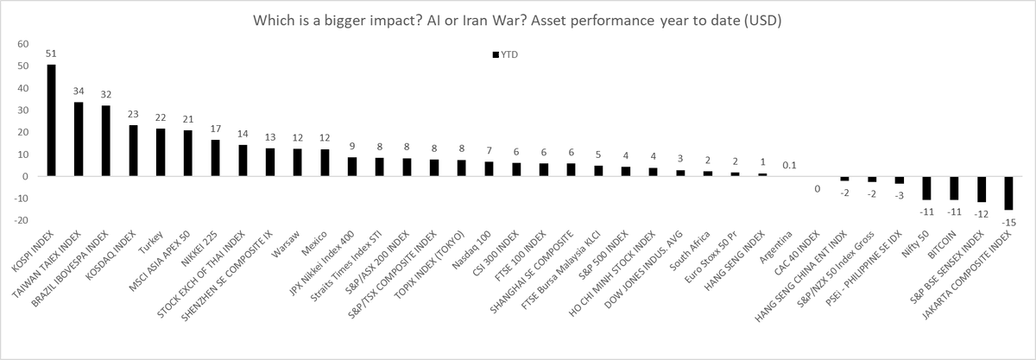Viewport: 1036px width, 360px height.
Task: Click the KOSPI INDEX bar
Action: (51, 121)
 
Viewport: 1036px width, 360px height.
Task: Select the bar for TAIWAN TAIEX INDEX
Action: (79, 139)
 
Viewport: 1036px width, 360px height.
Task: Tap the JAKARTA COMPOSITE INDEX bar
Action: (1008, 193)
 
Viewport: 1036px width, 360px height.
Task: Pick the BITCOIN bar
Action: (954, 188)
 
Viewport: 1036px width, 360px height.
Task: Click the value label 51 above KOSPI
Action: (51, 54)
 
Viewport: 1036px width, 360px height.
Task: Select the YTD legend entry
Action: (510, 54)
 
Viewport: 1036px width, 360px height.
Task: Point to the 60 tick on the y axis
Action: (23, 44)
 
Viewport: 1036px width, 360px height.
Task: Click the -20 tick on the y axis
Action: (22, 220)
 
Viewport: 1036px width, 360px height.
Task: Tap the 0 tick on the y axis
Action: (26, 176)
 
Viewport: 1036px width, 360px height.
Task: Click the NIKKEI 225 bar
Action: (216, 158)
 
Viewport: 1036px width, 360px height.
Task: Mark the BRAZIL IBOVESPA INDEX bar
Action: (106, 141)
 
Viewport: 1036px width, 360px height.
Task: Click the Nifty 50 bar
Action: (926, 188)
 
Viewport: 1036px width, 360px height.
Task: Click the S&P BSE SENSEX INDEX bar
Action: (981, 189)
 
